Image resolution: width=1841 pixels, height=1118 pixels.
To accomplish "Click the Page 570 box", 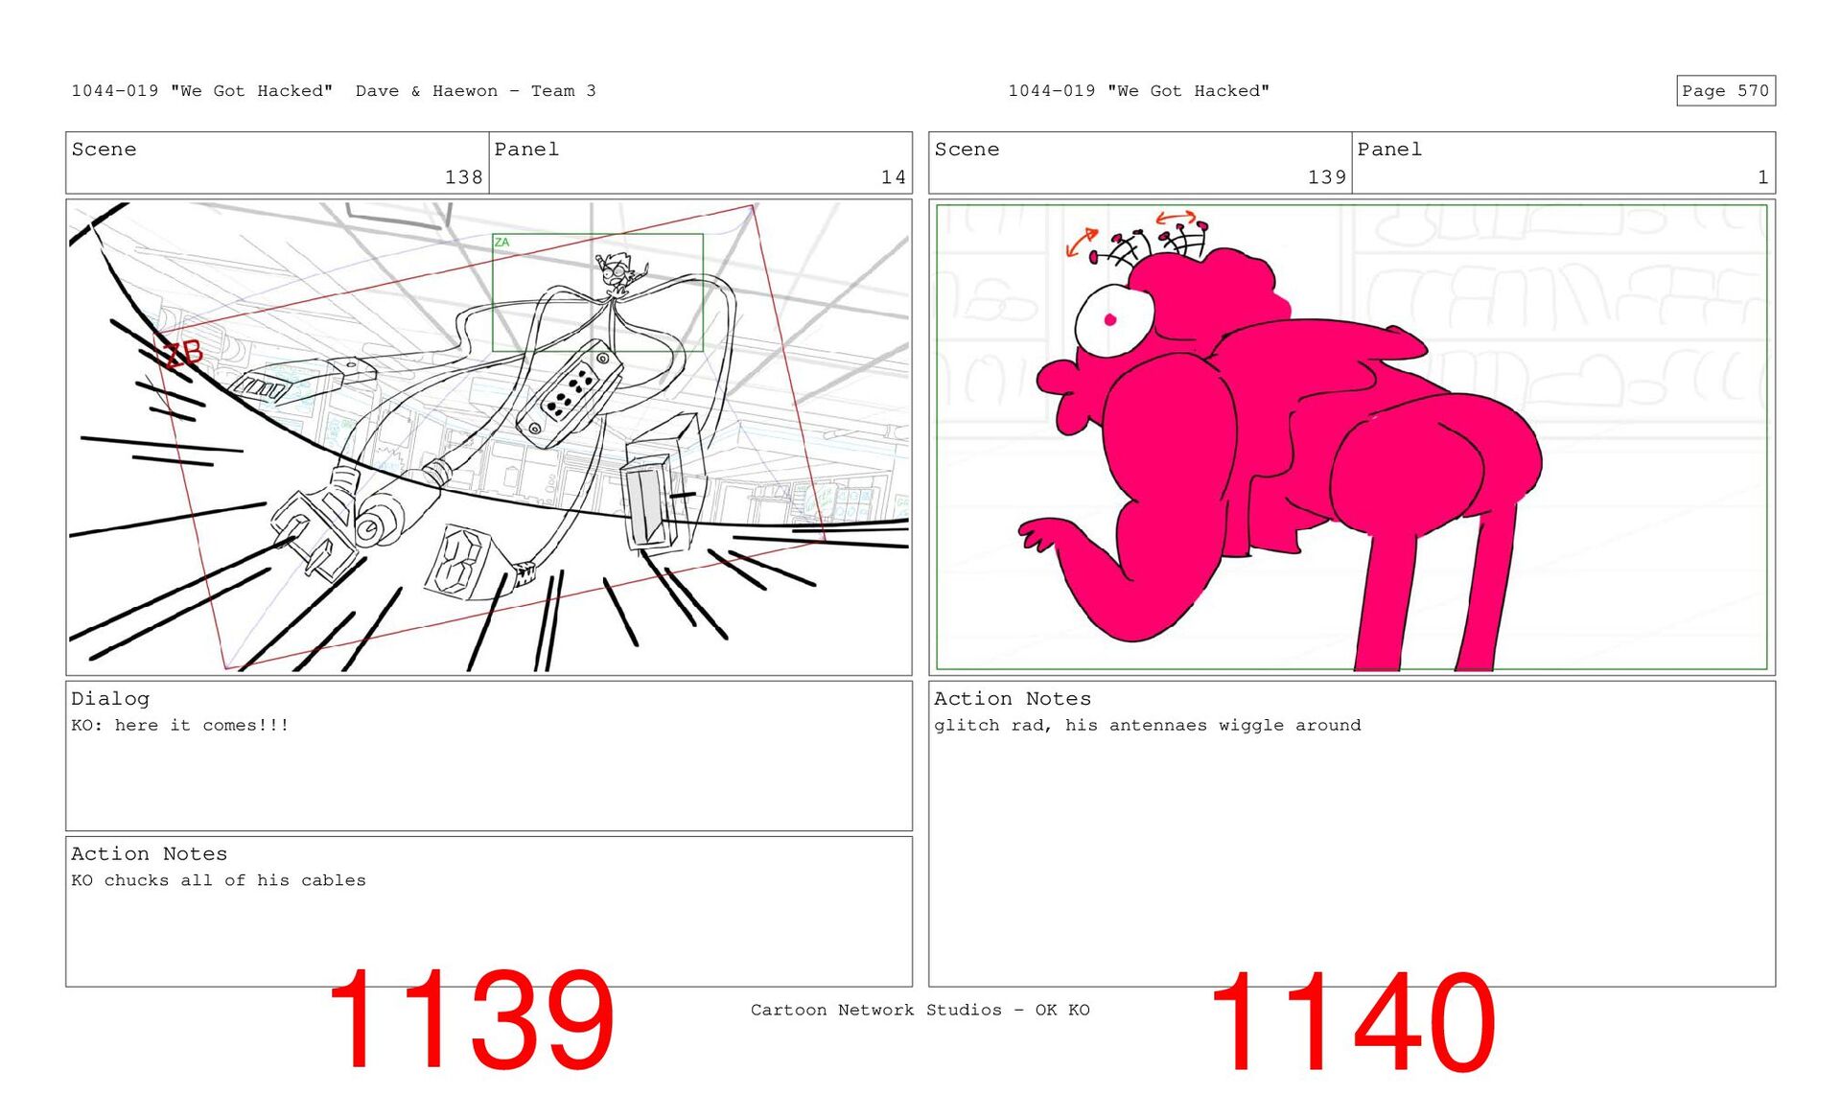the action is (x=1725, y=90).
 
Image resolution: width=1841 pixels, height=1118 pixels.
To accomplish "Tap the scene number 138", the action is (x=463, y=176).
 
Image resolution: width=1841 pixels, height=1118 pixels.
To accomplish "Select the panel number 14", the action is (x=893, y=176).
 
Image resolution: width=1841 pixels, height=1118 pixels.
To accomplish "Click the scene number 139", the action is (x=1326, y=176).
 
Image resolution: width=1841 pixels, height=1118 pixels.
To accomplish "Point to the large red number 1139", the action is (x=470, y=1020).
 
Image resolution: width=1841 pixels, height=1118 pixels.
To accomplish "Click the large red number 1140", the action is (x=1352, y=1022).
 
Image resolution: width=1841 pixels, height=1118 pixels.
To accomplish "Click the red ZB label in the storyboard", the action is (x=182, y=355).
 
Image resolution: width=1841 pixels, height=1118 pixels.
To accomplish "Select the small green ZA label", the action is (x=501, y=243).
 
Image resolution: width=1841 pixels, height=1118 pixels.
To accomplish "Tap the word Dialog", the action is (x=110, y=699).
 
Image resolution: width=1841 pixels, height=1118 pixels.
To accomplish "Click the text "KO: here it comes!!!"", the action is (x=180, y=725).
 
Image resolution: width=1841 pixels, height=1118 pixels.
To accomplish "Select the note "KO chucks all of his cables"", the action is (x=219, y=880).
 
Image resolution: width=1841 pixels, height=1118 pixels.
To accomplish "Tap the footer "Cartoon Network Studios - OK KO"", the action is (x=920, y=1010).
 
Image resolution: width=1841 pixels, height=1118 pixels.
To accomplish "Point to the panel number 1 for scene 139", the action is (x=1762, y=176).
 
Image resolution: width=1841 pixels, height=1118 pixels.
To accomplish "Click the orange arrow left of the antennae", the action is (x=1082, y=243).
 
